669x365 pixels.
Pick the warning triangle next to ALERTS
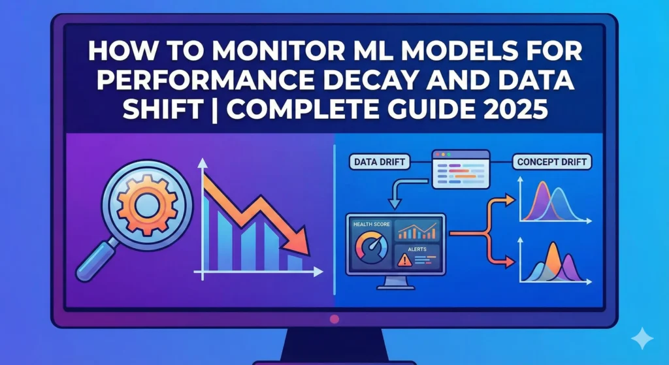coord(403,260)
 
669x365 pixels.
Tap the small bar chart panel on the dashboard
coord(418,230)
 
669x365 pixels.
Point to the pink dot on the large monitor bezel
coord(335,319)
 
